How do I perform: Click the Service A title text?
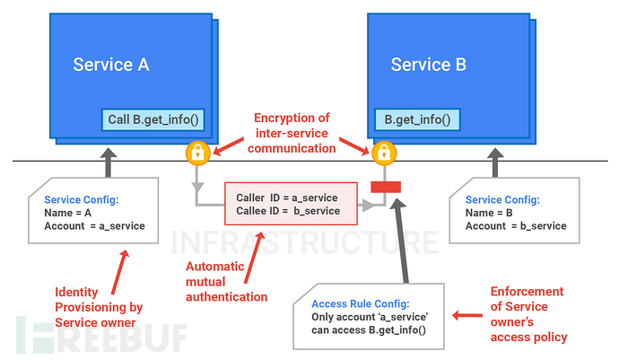click(110, 65)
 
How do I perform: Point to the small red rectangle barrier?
click(386, 187)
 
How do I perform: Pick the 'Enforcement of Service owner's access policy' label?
click(527, 314)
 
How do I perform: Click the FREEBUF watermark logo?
click(99, 335)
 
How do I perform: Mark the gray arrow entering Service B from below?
click(492, 162)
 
